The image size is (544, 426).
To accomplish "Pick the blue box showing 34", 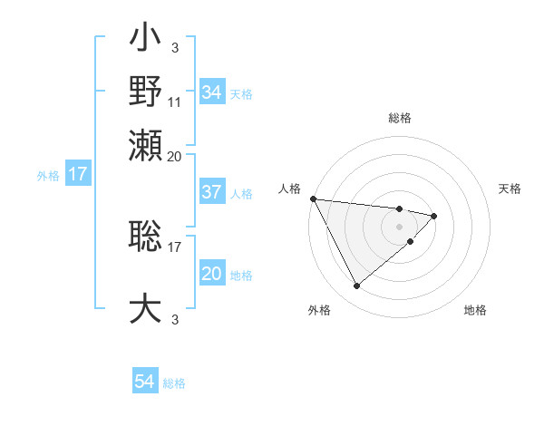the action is [x=211, y=92].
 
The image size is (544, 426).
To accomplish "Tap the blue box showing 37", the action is [x=211, y=192].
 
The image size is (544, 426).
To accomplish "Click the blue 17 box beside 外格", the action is [x=77, y=174].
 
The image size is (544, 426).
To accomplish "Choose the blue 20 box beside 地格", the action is [x=211, y=274].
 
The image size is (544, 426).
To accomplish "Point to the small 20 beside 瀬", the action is [x=175, y=155].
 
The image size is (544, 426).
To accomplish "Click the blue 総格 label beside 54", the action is [x=174, y=383].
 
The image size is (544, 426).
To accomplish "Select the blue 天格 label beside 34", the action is [x=241, y=93].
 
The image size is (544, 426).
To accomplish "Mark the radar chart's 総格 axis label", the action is [x=400, y=118].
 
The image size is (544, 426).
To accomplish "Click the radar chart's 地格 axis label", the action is [x=475, y=311].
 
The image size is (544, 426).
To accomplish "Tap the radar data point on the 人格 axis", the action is [x=313, y=198].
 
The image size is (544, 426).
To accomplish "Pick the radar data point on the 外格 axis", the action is [x=356, y=286].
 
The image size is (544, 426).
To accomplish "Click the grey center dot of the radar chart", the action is [x=400, y=227].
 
